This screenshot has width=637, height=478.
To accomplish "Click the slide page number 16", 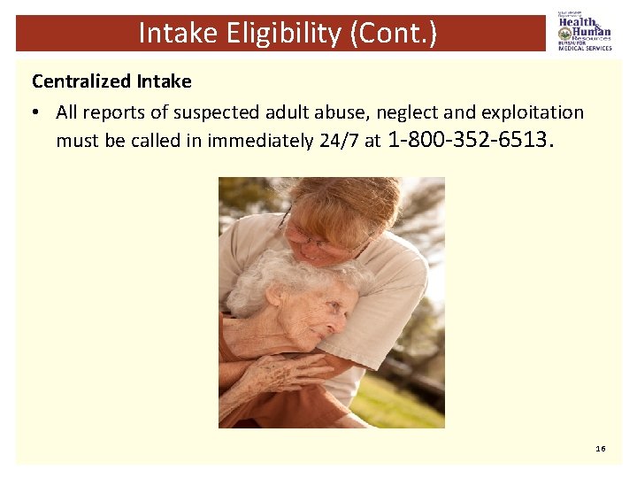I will [601, 449].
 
